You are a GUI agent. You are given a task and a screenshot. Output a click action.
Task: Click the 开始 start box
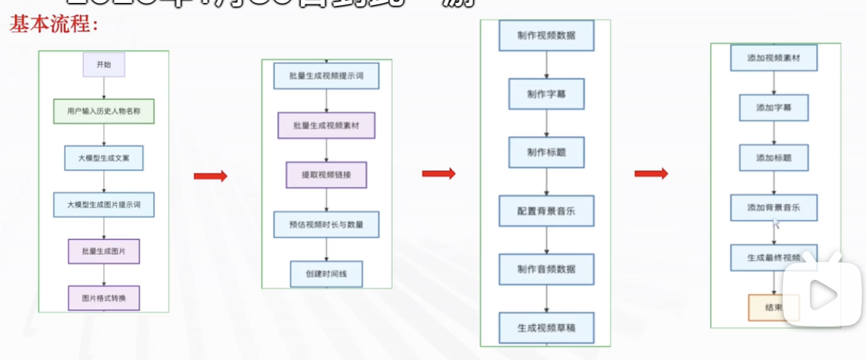pyautogui.click(x=104, y=64)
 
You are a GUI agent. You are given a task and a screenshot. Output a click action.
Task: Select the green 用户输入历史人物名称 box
pyautogui.click(x=104, y=111)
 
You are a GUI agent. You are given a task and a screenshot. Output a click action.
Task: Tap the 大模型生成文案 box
pyautogui.click(x=104, y=157)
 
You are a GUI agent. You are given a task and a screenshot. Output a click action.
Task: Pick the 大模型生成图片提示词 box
pyautogui.click(x=104, y=205)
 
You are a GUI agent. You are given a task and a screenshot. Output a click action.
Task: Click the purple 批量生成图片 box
pyautogui.click(x=104, y=251)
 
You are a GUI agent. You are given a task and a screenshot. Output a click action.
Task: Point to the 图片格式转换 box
pyautogui.click(x=104, y=298)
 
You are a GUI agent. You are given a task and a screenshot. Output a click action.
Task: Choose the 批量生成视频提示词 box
pyautogui.click(x=327, y=76)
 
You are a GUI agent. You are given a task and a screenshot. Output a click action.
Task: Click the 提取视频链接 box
pyautogui.click(x=326, y=175)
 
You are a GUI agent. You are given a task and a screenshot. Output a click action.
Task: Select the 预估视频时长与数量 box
pyautogui.click(x=327, y=224)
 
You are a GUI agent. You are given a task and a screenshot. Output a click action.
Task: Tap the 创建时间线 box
pyautogui.click(x=326, y=274)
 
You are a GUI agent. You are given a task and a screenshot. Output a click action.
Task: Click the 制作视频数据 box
pyautogui.click(x=547, y=36)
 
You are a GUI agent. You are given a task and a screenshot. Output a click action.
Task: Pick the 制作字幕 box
pyautogui.click(x=547, y=93)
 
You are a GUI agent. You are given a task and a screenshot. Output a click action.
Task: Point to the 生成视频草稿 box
pyautogui.click(x=547, y=328)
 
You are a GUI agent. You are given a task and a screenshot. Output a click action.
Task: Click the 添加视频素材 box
pyautogui.click(x=774, y=58)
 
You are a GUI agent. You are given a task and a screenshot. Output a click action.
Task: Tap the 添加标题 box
pyautogui.click(x=774, y=157)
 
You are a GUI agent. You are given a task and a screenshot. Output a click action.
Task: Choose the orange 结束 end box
pyautogui.click(x=773, y=308)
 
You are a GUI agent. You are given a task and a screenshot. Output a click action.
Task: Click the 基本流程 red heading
pyautogui.click(x=53, y=24)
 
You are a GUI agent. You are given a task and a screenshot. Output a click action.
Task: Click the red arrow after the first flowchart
pyautogui.click(x=210, y=176)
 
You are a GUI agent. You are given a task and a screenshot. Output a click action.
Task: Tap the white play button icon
pyautogui.click(x=822, y=294)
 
